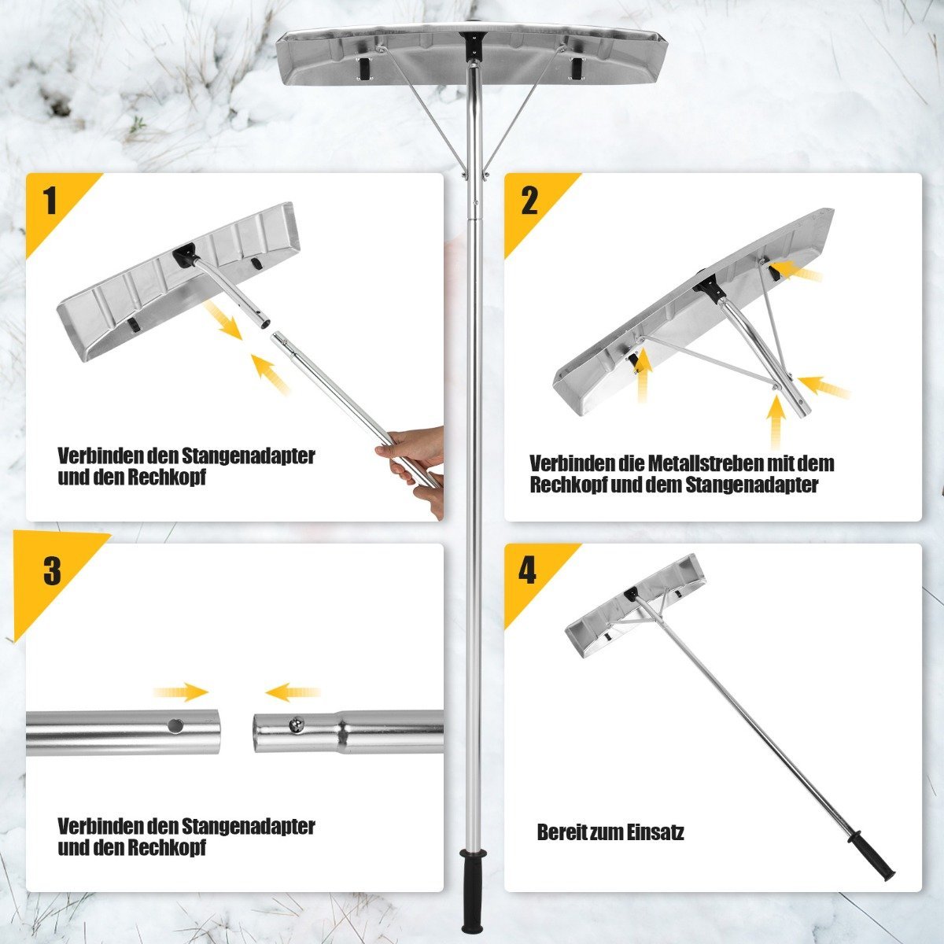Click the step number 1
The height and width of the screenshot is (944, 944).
pyautogui.click(x=50, y=201)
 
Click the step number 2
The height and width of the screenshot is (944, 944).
pyautogui.click(x=529, y=201)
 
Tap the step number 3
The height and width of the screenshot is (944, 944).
pyautogui.click(x=52, y=571)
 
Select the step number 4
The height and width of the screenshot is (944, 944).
pyautogui.click(x=527, y=571)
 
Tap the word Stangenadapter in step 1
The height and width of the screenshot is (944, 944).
pyautogui.click(x=248, y=456)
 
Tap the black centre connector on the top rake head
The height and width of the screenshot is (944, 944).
pyautogui.click(x=471, y=46)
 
